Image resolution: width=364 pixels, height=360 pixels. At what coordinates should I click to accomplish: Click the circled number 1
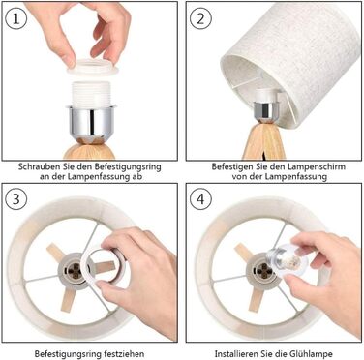click(15, 18)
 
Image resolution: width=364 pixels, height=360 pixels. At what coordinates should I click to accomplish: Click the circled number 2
click(200, 18)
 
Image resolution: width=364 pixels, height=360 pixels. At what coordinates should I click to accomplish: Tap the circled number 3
click(15, 198)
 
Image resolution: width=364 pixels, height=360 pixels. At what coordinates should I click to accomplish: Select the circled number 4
click(200, 198)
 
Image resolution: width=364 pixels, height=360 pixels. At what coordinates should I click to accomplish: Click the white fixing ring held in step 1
click(93, 67)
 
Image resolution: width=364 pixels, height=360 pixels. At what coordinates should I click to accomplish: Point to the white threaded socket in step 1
click(91, 94)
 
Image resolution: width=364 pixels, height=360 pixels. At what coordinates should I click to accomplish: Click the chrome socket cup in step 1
click(91, 122)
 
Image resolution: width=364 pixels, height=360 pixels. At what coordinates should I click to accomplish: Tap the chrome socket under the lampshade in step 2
click(266, 110)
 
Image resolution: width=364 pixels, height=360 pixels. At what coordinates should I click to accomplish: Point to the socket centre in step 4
click(262, 269)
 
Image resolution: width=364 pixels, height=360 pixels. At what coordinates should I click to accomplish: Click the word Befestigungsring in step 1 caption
click(128, 167)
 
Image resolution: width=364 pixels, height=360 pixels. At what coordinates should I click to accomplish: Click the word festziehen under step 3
click(125, 353)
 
